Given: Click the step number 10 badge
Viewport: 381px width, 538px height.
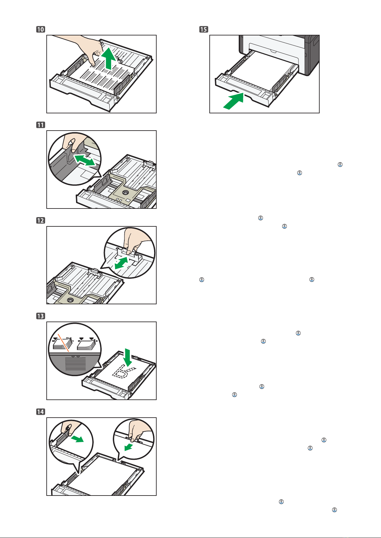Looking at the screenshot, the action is coord(41,29).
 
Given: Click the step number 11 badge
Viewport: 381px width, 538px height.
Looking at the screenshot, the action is coord(41,125).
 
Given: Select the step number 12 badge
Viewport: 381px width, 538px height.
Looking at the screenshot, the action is coord(41,221).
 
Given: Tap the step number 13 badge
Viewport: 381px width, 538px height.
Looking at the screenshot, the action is coord(41,316).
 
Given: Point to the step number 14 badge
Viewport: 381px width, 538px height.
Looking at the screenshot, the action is coord(41,412).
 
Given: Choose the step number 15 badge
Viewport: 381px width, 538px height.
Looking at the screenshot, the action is coord(204,29).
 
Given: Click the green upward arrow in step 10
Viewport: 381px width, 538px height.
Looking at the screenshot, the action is coord(109,58).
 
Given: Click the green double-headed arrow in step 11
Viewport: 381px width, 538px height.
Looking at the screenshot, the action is coord(85,160).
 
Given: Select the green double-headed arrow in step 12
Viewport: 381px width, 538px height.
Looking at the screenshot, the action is coord(121,263).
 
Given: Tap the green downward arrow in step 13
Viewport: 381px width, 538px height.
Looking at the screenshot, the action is coord(128,358).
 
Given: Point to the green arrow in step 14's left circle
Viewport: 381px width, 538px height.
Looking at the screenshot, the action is coord(77,439).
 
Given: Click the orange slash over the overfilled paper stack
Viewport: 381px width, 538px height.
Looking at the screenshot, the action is coord(64,343).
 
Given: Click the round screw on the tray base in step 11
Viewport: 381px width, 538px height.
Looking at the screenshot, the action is coord(125,193).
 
